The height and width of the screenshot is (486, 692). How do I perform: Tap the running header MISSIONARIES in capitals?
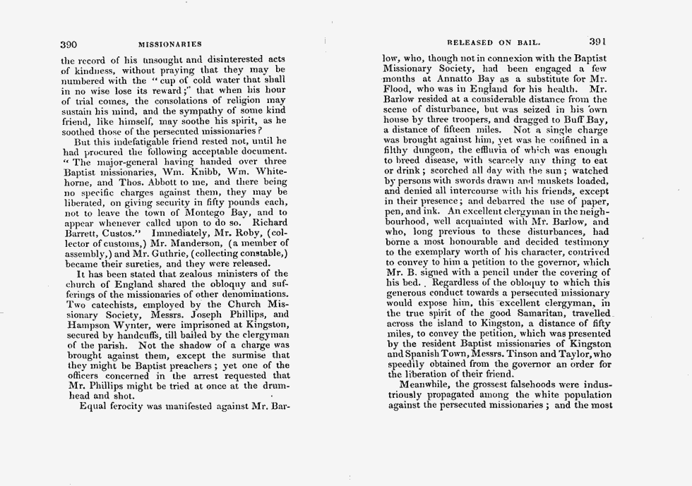(170, 45)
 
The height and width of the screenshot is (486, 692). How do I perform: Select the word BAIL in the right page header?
(542, 43)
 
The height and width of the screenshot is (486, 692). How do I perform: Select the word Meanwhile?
(426, 384)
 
